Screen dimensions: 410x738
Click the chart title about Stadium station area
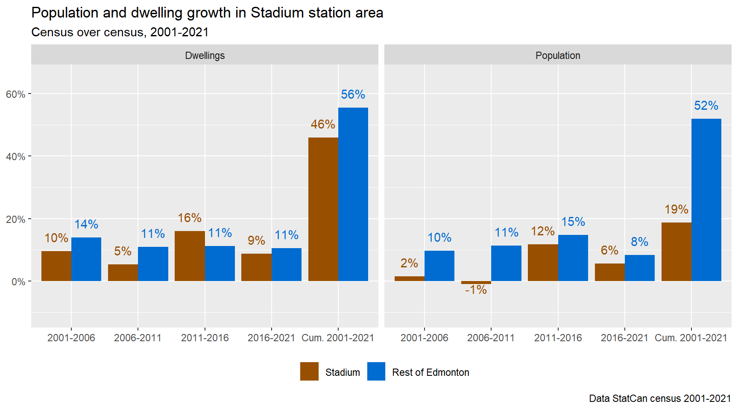click(207, 13)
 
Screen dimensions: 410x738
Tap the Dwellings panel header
click(205, 56)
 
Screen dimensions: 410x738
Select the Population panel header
click(558, 56)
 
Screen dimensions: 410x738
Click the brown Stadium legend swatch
click(309, 372)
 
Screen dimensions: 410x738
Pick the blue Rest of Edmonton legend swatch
click(376, 372)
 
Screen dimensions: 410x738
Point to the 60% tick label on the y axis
click(15, 94)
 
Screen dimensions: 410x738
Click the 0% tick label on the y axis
click(18, 282)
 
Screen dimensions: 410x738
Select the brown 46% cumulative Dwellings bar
click(323, 209)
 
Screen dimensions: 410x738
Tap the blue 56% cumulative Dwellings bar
click(353, 194)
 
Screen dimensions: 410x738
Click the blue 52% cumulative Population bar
click(706, 200)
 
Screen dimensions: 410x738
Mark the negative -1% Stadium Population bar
click(476, 283)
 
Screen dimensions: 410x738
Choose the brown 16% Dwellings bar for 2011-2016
click(190, 256)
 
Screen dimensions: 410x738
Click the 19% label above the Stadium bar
click(676, 209)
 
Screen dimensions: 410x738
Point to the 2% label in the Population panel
click(409, 263)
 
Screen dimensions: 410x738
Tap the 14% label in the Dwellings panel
click(86, 224)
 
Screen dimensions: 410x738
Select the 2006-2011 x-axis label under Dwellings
click(138, 338)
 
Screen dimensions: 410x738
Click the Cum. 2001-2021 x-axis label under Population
click(691, 338)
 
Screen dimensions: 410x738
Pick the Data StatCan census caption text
click(660, 398)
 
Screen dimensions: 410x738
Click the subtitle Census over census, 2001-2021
click(120, 32)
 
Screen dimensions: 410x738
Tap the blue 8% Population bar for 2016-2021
click(639, 268)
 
